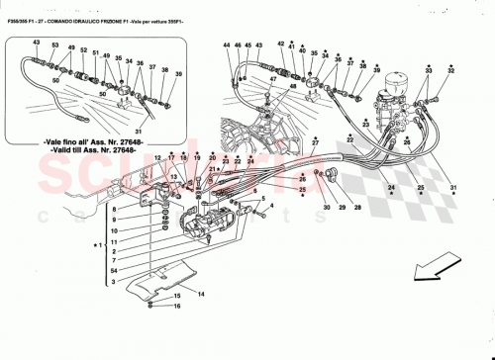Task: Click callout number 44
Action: [226, 46]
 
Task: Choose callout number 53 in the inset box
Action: [55, 46]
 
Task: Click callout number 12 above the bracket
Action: [157, 157]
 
